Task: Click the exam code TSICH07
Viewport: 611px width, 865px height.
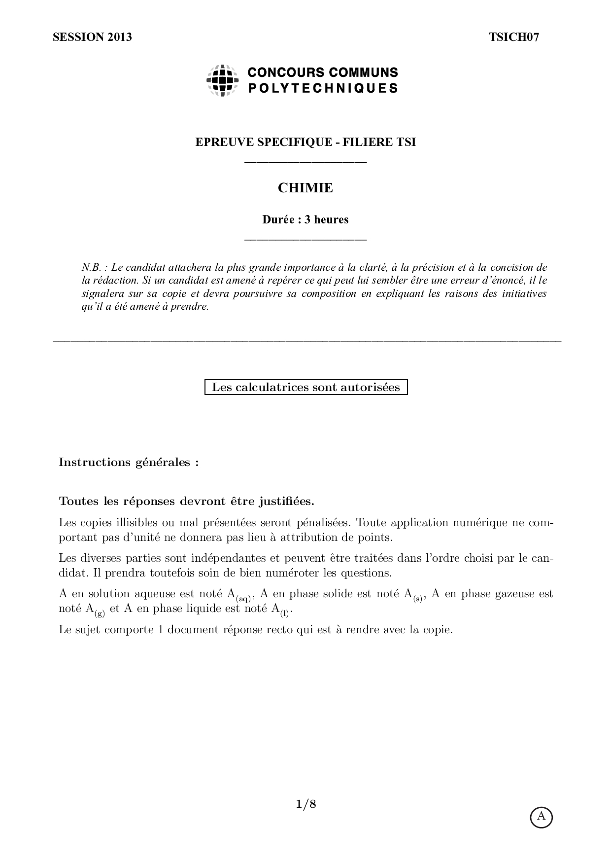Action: (514, 37)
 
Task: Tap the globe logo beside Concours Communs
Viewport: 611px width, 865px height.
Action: (223, 80)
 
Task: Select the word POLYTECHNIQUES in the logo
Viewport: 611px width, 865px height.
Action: (323, 88)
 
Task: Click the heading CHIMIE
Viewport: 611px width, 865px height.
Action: (305, 188)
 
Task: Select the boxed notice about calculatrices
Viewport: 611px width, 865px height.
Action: (306, 387)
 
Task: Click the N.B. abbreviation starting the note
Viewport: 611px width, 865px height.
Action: (92, 268)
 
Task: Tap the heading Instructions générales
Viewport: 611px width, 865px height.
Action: (129, 463)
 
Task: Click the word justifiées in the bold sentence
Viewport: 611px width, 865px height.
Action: (286, 502)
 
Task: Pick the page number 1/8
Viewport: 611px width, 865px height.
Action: (305, 804)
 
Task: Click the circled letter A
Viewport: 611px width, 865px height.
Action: (542, 817)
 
